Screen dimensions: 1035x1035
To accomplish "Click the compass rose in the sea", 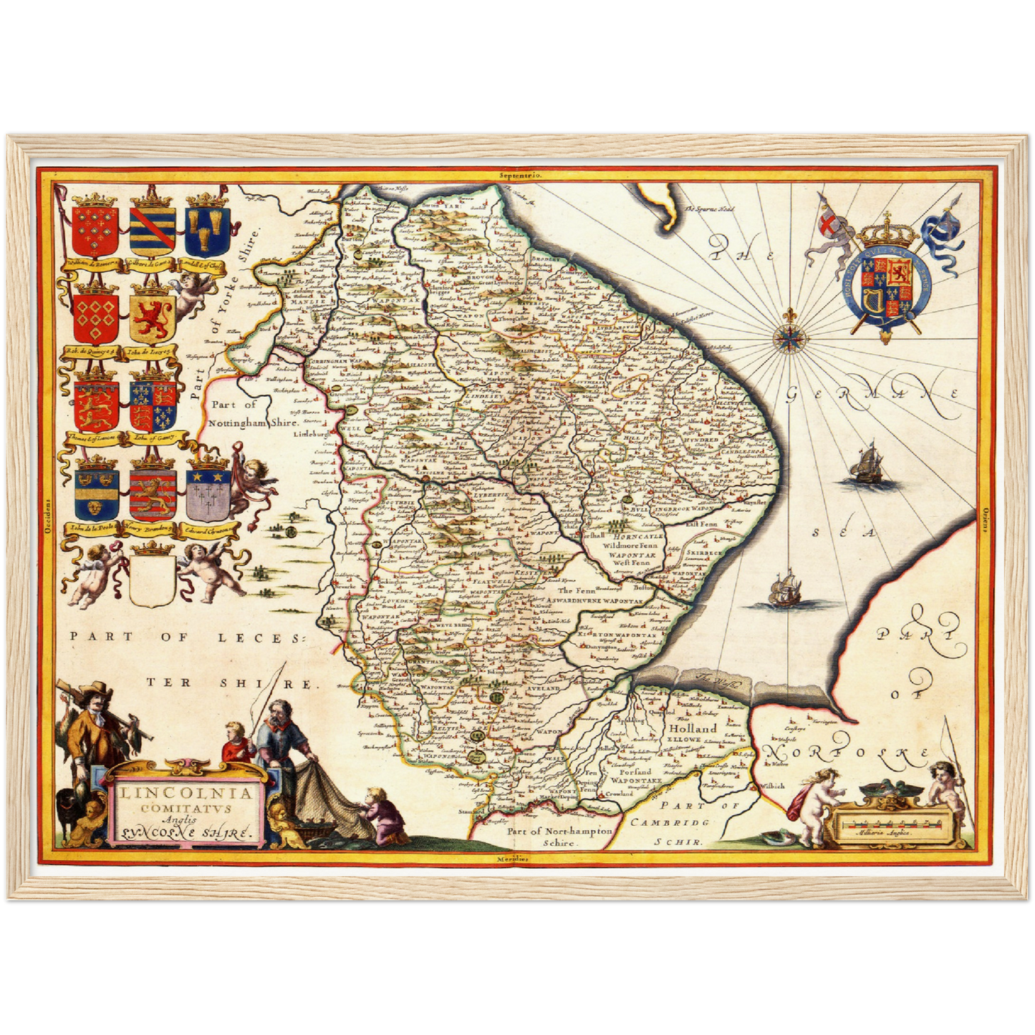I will click(x=791, y=338).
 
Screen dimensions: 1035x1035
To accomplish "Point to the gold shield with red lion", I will click(x=153, y=317).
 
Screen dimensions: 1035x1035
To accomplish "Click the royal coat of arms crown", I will click(x=888, y=231).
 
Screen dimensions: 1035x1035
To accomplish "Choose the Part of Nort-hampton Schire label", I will click(x=560, y=837).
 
